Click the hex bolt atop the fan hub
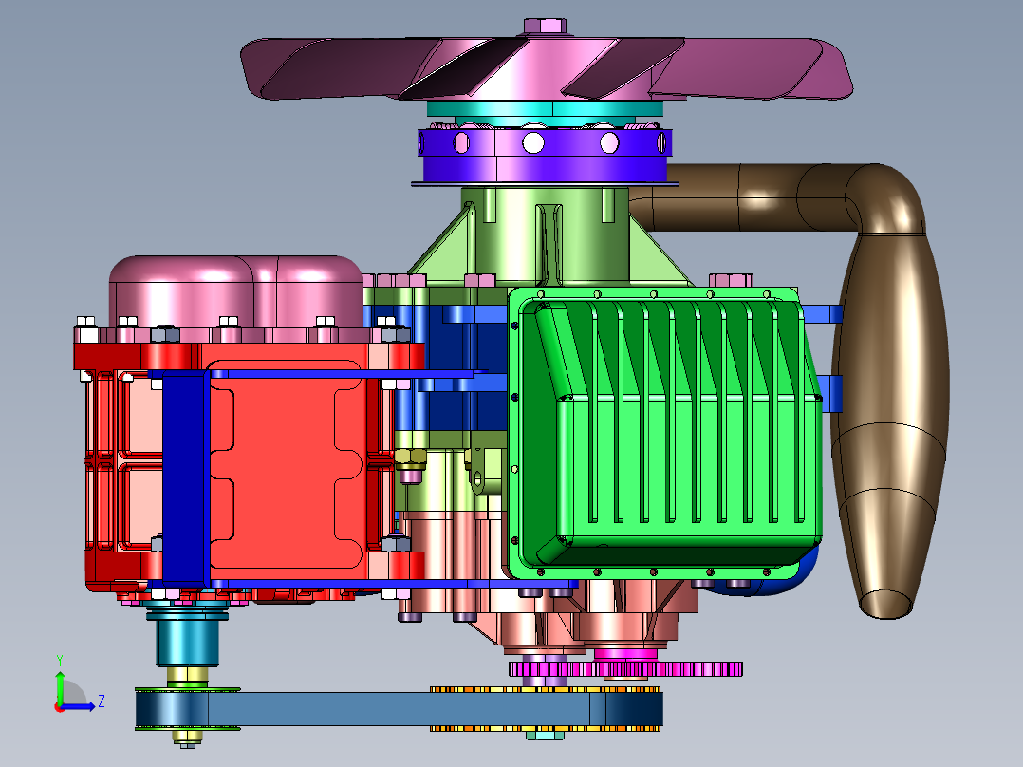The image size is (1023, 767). pos(545,27)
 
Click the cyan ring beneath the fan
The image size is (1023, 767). pos(545,109)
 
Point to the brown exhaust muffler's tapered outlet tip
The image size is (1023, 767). pos(886,604)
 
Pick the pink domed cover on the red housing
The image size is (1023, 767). pos(235,291)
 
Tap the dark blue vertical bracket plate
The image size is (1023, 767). pos(184,476)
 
